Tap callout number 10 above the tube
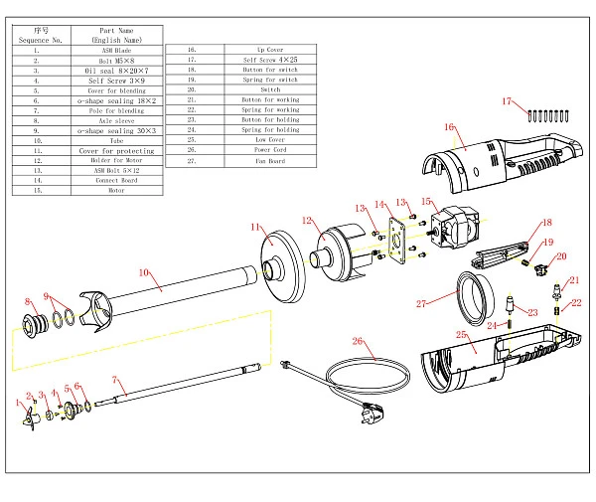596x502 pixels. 143,271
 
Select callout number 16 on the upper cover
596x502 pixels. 449,127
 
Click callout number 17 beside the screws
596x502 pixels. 507,101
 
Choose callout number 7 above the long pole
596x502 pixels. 115,379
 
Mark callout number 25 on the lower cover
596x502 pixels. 460,334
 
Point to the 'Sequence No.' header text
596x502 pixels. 40,40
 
